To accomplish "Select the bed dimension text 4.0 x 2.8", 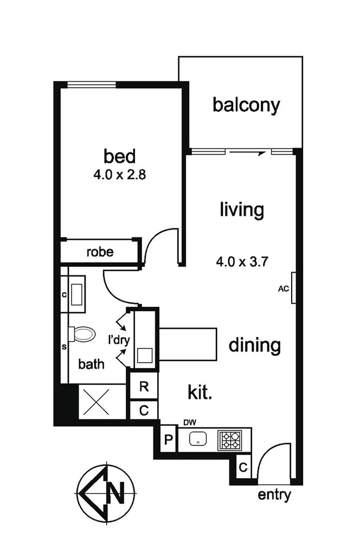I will (x=120, y=175).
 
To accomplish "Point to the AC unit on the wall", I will (x=293, y=288).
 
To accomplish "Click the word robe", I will (x=100, y=252).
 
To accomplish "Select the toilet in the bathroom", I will (x=83, y=333).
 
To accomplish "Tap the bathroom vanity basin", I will (x=77, y=294).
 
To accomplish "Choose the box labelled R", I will (x=144, y=387).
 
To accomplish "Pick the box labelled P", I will (x=168, y=440).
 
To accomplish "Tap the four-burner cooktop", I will (x=231, y=440).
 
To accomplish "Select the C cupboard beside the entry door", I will (x=243, y=467).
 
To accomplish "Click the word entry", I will (x=274, y=495).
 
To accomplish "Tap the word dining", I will (x=254, y=345).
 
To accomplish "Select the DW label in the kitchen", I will (x=189, y=422).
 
